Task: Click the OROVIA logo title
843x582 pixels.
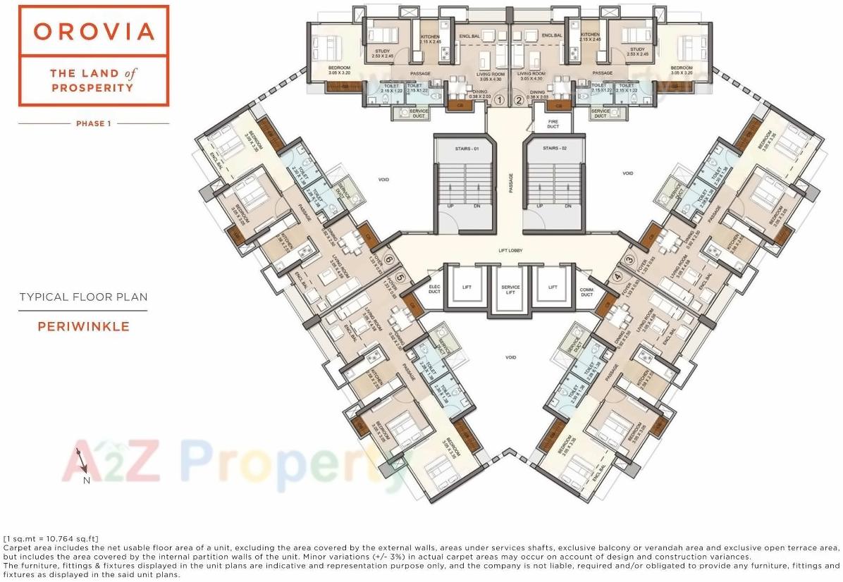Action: pos(94,32)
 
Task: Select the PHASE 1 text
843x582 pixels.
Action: pos(94,124)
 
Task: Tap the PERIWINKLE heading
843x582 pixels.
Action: pos(83,327)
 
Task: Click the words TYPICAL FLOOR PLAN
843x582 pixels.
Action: pos(83,297)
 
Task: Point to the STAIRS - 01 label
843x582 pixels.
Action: pos(466,149)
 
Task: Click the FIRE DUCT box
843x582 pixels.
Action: pos(553,124)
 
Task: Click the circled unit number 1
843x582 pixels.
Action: pos(500,100)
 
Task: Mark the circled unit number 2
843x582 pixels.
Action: pos(519,100)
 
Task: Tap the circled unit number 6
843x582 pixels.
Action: pos(388,260)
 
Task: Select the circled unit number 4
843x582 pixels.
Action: pos(617,277)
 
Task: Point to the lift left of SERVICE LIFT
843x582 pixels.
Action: pos(467,287)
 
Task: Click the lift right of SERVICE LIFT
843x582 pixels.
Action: pos(553,287)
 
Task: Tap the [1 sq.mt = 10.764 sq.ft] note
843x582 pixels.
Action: pos(51,539)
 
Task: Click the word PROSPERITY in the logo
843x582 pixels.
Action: pos(94,88)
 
